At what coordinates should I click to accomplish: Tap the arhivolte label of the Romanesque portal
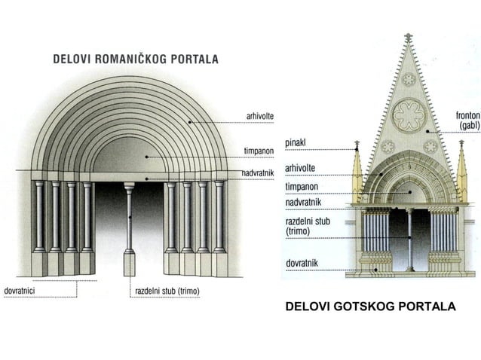point(260,117)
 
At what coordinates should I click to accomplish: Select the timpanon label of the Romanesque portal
point(259,151)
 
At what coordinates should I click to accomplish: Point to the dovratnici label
point(20,291)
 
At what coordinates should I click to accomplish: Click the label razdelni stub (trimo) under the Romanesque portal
point(167,291)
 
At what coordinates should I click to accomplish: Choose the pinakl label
point(296,143)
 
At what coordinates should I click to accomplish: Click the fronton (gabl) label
point(468,120)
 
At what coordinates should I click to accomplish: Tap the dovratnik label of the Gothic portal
point(302,263)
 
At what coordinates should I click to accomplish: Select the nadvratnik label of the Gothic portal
point(303,202)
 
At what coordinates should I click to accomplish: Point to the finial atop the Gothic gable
point(408,37)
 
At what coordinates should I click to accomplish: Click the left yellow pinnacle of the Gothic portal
point(357,172)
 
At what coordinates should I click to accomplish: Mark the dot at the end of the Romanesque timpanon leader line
point(146,157)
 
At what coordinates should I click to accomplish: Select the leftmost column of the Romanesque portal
point(39,217)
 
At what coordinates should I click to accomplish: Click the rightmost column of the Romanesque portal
point(219,217)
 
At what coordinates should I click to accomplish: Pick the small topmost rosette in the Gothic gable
point(409,80)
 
